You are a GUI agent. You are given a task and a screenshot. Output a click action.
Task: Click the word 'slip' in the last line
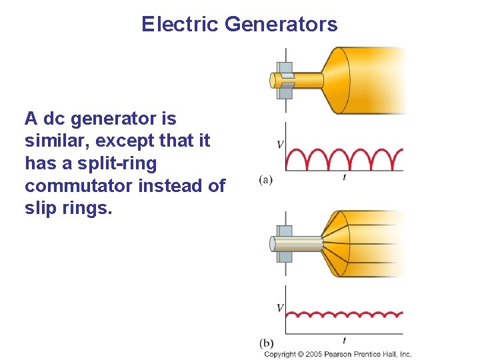point(40,208)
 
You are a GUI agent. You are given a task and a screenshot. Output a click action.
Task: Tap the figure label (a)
point(265,179)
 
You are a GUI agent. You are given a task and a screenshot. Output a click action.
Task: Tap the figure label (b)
point(266,343)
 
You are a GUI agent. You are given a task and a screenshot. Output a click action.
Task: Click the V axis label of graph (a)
point(280,145)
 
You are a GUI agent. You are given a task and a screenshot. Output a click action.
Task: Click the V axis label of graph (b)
point(280,308)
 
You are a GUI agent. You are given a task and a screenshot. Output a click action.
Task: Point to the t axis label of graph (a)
point(344,178)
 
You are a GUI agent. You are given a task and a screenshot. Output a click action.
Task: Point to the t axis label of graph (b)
point(344,341)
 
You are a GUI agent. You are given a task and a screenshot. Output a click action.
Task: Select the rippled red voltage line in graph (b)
point(344,313)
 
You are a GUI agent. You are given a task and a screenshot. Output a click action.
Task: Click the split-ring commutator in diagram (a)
point(285,80)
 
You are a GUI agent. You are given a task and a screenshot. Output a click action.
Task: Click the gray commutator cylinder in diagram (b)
point(297,243)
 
